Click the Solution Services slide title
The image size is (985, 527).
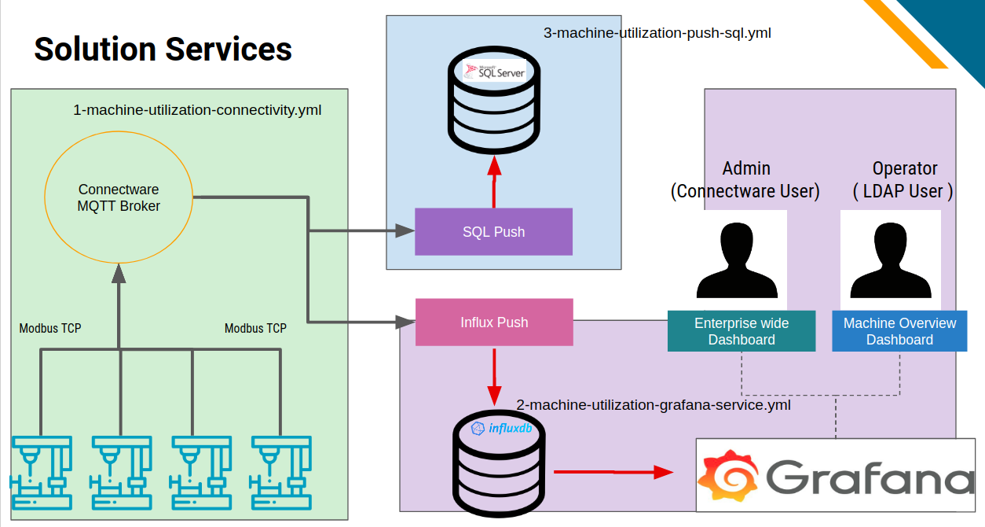163,49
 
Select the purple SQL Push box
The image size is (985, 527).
493,232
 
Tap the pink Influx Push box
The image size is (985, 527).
494,322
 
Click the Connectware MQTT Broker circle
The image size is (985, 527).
119,198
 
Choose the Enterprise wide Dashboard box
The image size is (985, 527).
741,331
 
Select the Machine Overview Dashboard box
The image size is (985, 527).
899,331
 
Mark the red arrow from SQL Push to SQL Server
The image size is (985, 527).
494,182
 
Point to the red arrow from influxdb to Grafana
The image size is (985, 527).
613,472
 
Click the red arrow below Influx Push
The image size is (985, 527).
494,374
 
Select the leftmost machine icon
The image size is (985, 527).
42,473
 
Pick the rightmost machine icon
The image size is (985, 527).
281,473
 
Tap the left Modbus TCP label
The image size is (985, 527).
50,328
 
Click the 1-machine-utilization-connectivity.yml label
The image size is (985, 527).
197,110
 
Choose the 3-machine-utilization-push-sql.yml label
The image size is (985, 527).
657,33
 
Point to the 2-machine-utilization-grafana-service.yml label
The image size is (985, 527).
653,405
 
